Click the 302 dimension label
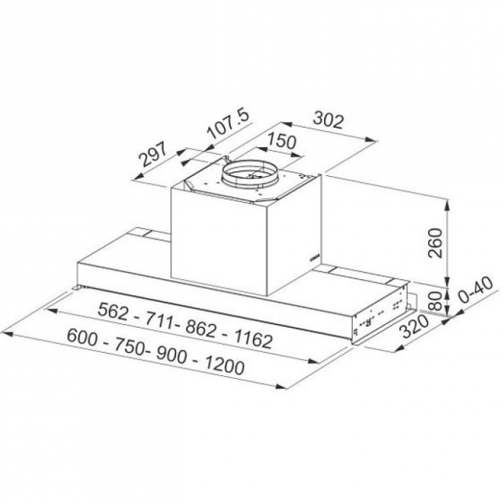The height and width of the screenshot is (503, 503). coord(328,120)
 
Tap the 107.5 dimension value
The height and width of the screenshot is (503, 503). coord(228,125)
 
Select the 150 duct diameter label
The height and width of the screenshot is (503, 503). coord(281,141)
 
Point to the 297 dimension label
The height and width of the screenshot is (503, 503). coord(153,154)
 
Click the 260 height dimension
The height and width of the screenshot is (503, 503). coord(436,242)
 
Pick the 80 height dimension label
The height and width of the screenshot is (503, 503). coord(436,301)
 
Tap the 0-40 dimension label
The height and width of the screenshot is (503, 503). coord(476,289)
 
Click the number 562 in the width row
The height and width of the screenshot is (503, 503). coord(113,311)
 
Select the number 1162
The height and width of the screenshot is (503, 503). coord(254,339)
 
